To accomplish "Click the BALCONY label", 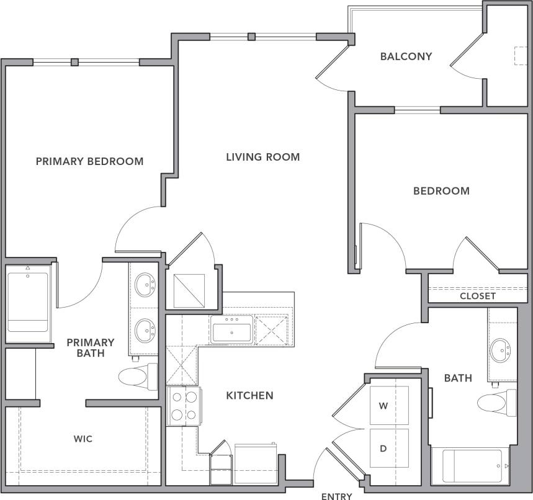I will (406, 56).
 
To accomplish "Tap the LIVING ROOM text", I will (262, 157).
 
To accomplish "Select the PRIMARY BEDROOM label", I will (89, 161).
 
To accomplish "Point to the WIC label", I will (83, 439).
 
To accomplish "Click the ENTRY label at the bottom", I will (337, 496).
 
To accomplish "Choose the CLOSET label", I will (477, 296).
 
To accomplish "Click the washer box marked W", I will (390, 406).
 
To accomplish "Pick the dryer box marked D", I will (390, 448).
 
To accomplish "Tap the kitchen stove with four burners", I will (184, 406).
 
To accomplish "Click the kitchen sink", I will (231, 329).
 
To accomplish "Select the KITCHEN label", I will (249, 395).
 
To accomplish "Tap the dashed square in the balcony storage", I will (519, 55).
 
